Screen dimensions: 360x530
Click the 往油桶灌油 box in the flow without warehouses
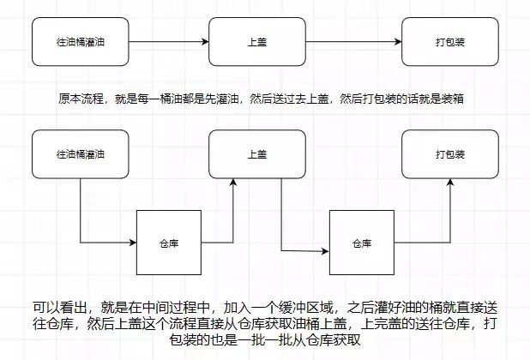point(79,40)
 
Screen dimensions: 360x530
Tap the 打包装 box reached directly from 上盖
point(446,40)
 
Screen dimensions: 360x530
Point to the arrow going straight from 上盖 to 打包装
point(352,40)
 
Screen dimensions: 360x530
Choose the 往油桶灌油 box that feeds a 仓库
point(79,154)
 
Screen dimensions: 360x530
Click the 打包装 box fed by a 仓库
point(446,154)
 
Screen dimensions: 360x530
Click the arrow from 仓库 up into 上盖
point(232,214)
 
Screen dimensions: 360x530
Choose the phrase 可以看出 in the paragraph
point(60,307)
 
